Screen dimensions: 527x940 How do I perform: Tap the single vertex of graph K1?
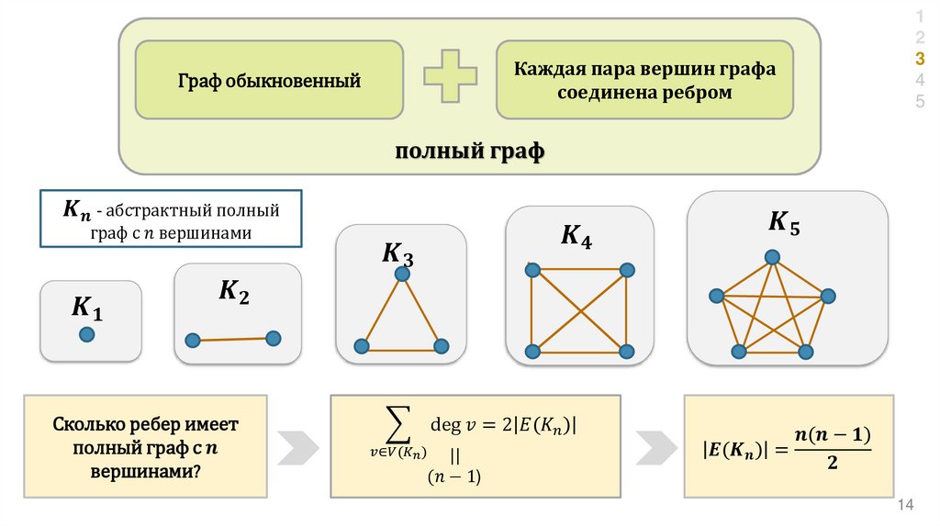click(86, 335)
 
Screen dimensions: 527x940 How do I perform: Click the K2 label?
click(233, 293)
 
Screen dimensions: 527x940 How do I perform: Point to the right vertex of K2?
click(273, 338)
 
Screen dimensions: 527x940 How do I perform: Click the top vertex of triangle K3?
click(401, 275)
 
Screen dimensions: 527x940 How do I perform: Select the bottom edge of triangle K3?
click(401, 347)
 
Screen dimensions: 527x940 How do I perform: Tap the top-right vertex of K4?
click(627, 270)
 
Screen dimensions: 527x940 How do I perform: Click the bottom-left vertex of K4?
click(532, 351)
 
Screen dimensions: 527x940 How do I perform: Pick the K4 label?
click(576, 237)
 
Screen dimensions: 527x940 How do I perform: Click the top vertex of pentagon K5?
click(773, 256)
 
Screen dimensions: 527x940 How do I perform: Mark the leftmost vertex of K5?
click(716, 296)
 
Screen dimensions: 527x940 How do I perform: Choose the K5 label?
click(784, 222)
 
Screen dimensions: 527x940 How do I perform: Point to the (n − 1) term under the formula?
click(454, 476)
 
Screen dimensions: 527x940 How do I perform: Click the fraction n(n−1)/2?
click(832, 449)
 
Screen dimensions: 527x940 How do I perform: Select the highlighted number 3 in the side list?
click(920, 58)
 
